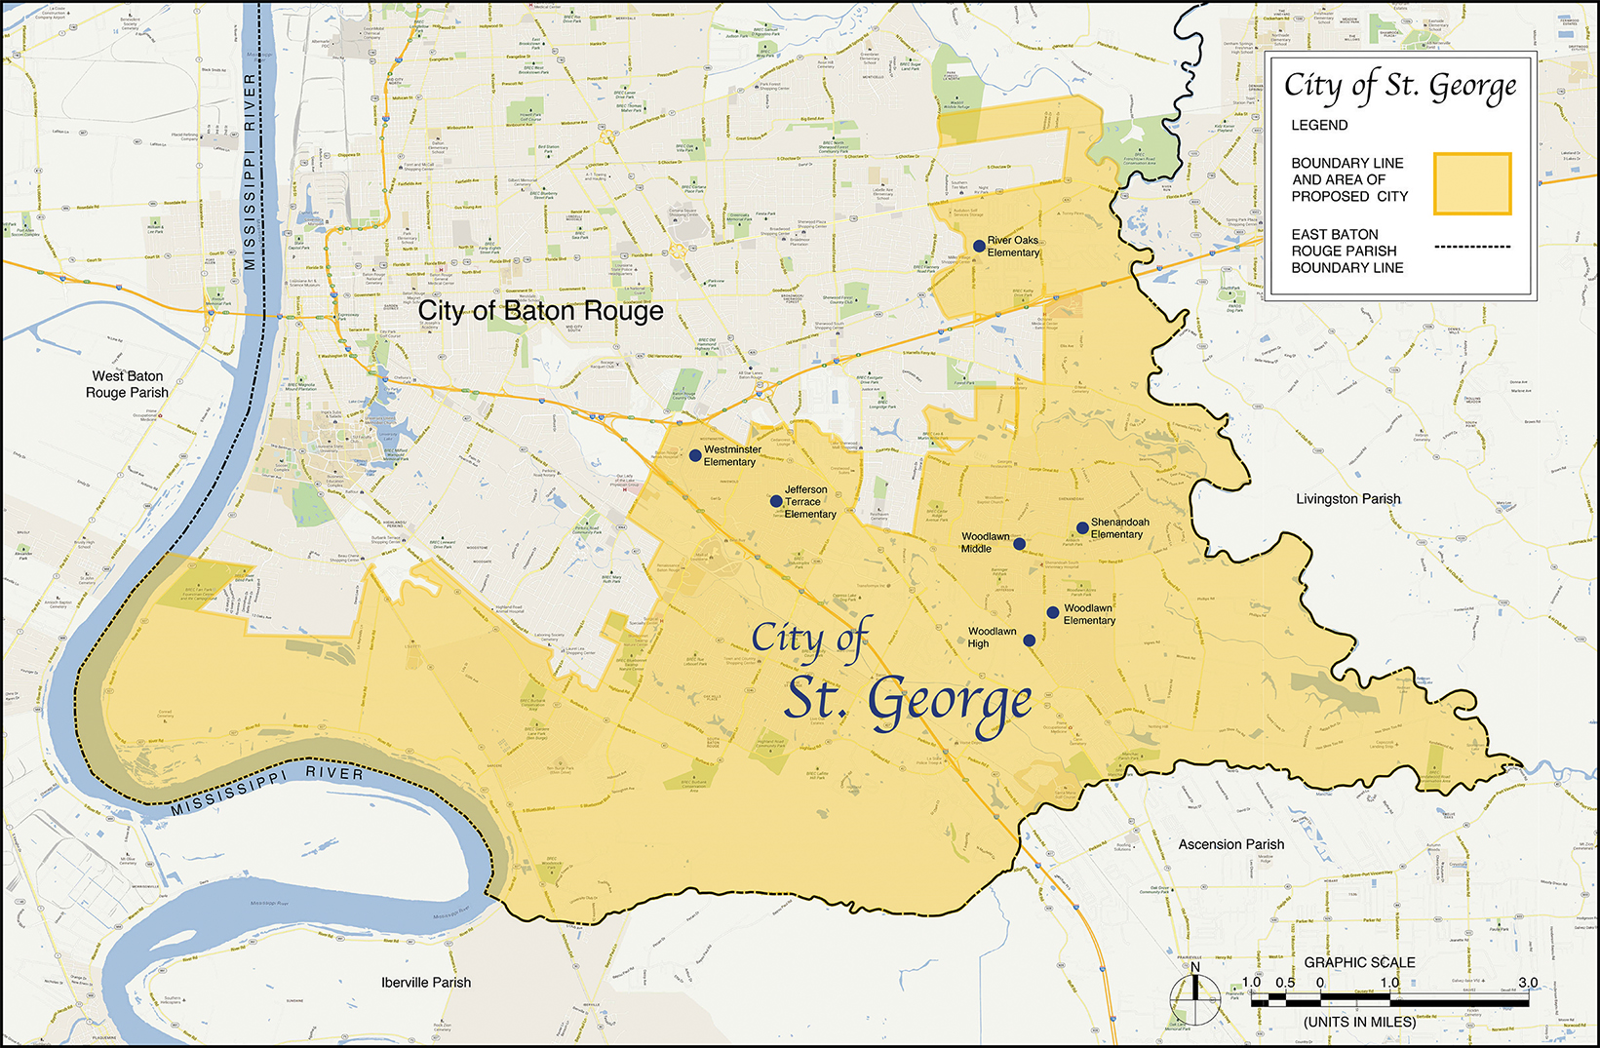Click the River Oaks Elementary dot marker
pyautogui.click(x=979, y=246)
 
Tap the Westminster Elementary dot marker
pyautogui.click(x=695, y=455)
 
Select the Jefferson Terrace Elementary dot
pyautogui.click(x=776, y=501)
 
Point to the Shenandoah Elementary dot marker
pyautogui.click(x=1082, y=528)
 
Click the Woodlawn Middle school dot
pyautogui.click(x=1019, y=544)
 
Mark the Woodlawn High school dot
pyautogui.click(x=1030, y=640)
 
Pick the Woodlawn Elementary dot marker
pyautogui.click(x=1053, y=612)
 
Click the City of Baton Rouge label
pyautogui.click(x=540, y=311)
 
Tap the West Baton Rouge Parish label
pyautogui.click(x=127, y=384)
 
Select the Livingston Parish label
pyautogui.click(x=1347, y=498)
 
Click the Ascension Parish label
pyautogui.click(x=1230, y=844)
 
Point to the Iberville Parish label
pyautogui.click(x=426, y=982)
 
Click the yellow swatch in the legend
pyautogui.click(x=1471, y=183)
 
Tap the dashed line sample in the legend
pyautogui.click(x=1472, y=247)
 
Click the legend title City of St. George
pyautogui.click(x=1400, y=87)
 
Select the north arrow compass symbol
pyautogui.click(x=1195, y=998)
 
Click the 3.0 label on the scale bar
pyautogui.click(x=1527, y=983)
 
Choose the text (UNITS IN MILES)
pyautogui.click(x=1359, y=1022)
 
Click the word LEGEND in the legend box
pyautogui.click(x=1319, y=125)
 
